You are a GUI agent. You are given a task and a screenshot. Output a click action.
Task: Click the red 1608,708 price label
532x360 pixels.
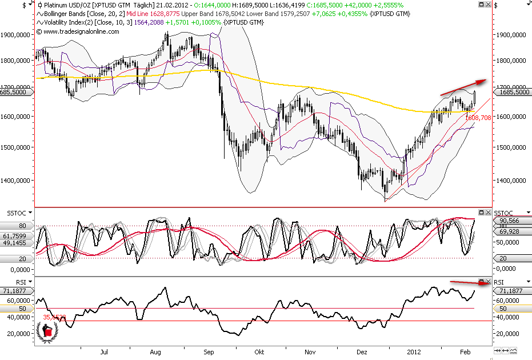(x=478, y=118)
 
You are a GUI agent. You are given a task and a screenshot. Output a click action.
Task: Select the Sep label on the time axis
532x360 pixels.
(x=210, y=353)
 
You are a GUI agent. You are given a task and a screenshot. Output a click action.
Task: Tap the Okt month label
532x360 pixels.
(x=259, y=353)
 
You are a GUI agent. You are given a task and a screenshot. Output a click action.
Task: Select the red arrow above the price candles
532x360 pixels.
(x=463, y=86)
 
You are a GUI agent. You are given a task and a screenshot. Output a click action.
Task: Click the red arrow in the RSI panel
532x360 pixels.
(x=469, y=282)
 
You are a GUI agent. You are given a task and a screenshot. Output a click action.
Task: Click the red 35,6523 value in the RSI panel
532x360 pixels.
(x=54, y=317)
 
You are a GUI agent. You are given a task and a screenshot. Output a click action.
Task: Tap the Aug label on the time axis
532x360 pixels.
(x=155, y=353)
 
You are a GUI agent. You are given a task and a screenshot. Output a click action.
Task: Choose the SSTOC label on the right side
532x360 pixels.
(x=504, y=213)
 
